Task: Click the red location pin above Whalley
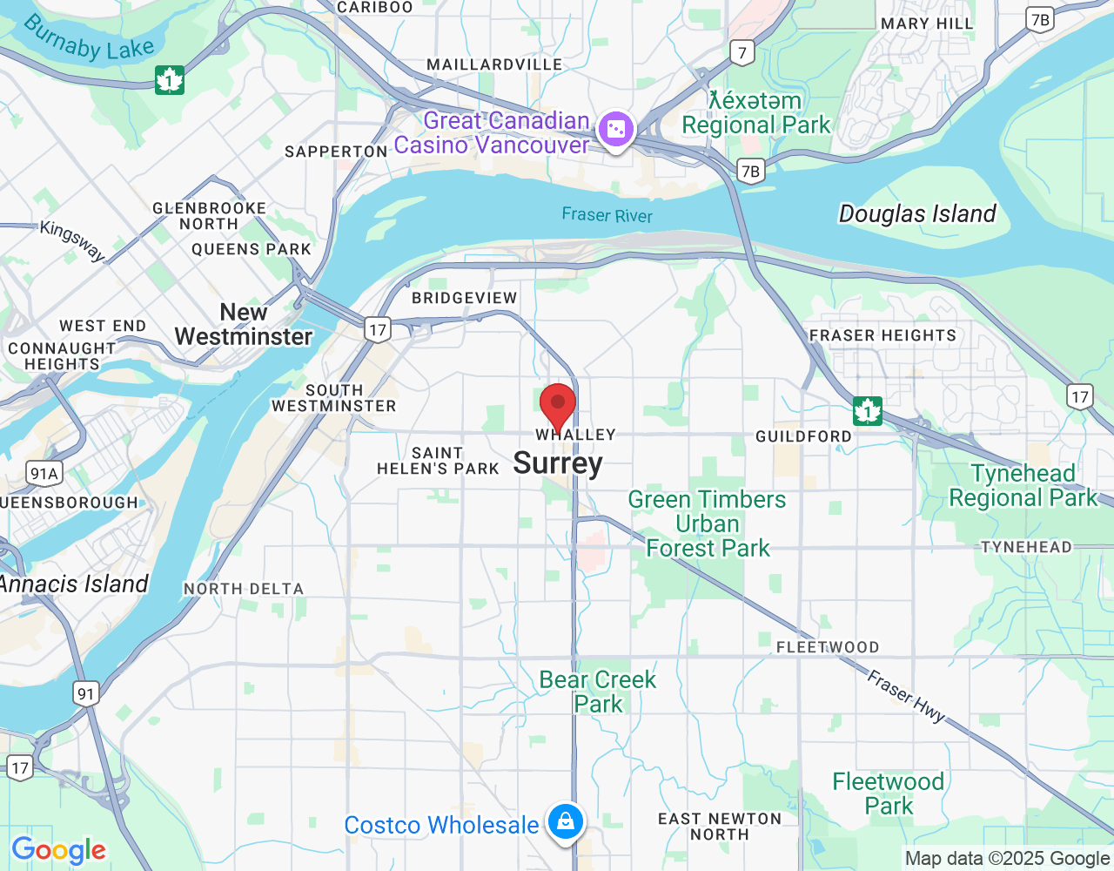tap(558, 405)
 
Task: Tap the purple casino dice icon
tap(615, 131)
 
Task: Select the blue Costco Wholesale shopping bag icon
tap(566, 821)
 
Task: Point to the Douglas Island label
tap(917, 213)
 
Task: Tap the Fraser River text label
tap(607, 215)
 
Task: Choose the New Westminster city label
tap(243, 325)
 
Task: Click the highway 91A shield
tap(44, 474)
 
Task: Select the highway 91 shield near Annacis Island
tap(85, 694)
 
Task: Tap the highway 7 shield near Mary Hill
tap(742, 52)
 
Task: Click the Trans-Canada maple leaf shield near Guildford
tap(867, 410)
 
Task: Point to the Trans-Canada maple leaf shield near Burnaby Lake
tap(170, 80)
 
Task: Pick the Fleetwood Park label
tap(889, 793)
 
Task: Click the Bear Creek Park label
tap(598, 692)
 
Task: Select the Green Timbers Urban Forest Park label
tap(708, 523)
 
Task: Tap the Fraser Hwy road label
tap(906, 696)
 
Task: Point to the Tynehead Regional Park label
tap(1023, 485)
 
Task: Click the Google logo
tap(59, 850)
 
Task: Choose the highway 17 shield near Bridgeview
tap(377, 329)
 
